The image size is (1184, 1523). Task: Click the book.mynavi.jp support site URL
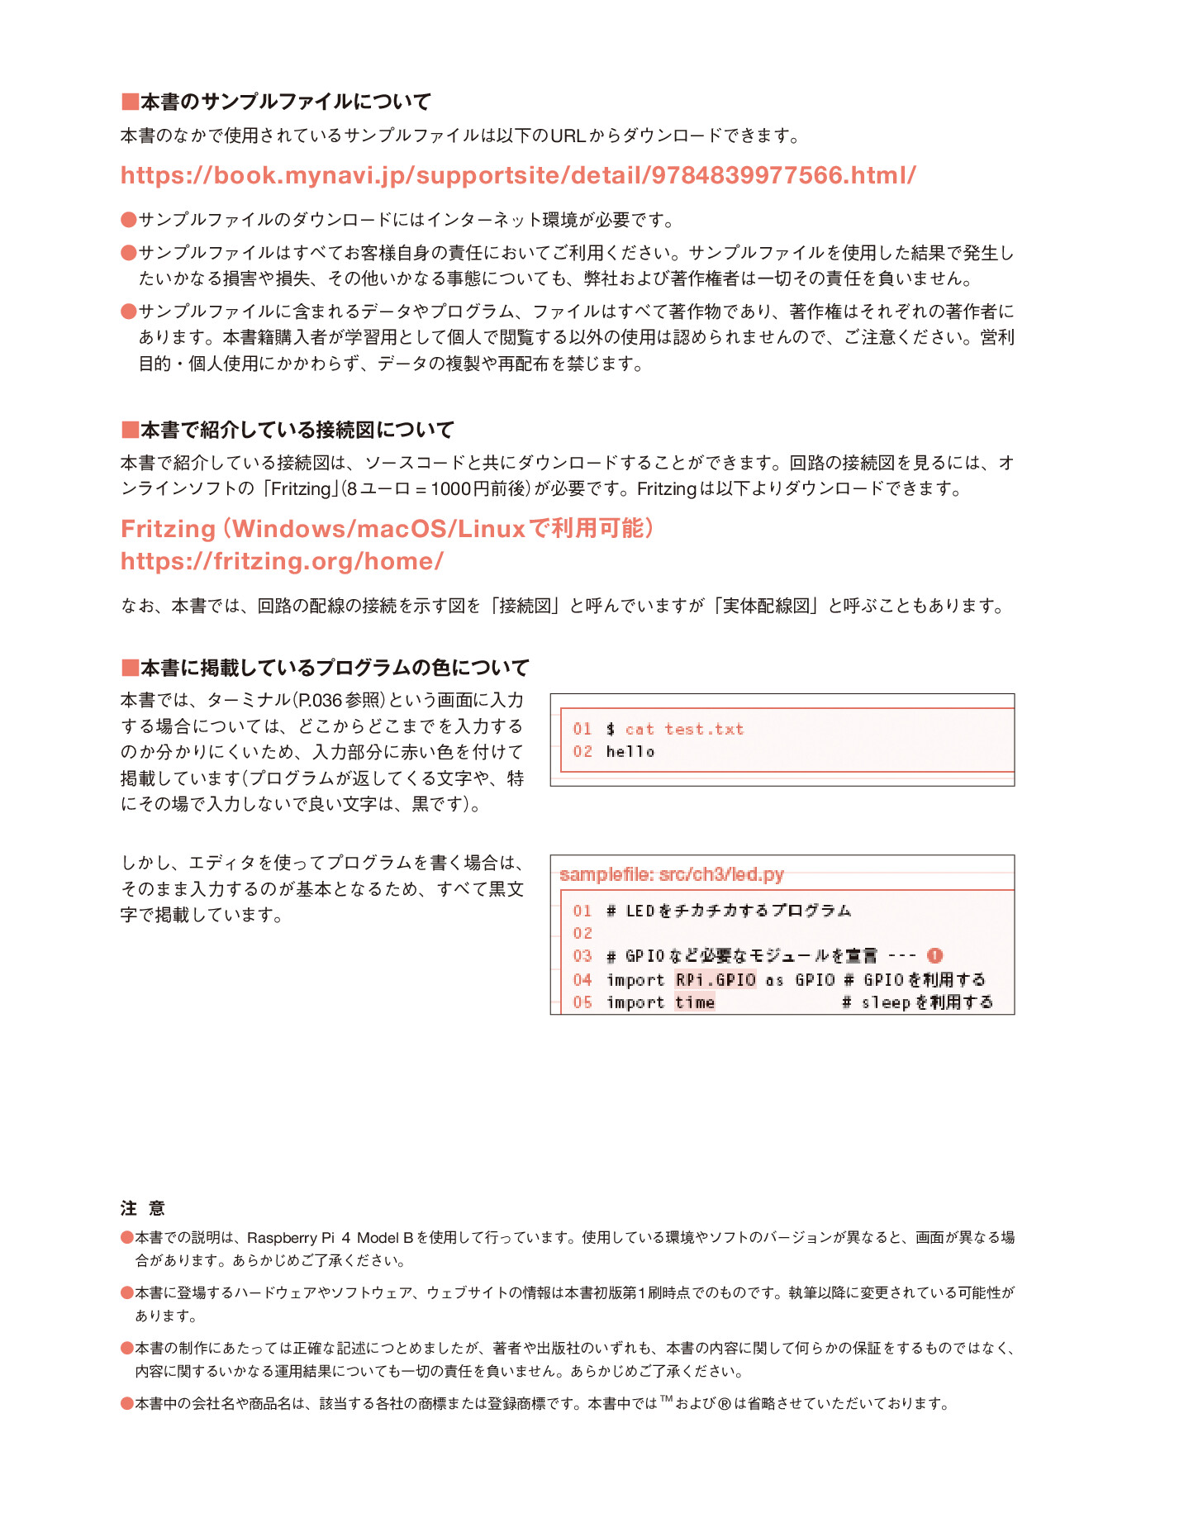pyautogui.click(x=518, y=175)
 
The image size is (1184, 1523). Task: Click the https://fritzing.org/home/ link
pyautogui.click(x=282, y=561)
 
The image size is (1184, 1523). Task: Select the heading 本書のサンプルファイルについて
pyautogui.click(x=285, y=102)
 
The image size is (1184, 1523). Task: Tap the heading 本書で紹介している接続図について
pyautogui.click(x=297, y=430)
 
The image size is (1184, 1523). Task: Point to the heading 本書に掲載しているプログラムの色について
pyautogui.click(x=334, y=668)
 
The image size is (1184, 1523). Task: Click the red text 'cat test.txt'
pyautogui.click(x=684, y=729)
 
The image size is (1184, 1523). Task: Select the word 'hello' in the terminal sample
pyautogui.click(x=630, y=751)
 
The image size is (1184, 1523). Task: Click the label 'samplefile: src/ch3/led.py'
pyautogui.click(x=671, y=874)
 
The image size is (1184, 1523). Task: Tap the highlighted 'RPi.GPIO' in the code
pyautogui.click(x=716, y=979)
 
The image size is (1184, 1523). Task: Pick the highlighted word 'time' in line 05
pyautogui.click(x=694, y=1002)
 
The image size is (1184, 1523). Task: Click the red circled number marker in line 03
pyautogui.click(x=934, y=955)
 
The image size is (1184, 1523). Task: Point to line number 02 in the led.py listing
pyautogui.click(x=582, y=933)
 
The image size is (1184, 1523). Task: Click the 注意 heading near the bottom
pyautogui.click(x=142, y=1208)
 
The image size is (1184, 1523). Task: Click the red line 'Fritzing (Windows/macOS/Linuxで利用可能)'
pyautogui.click(x=388, y=529)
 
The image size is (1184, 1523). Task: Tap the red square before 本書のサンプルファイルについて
pyautogui.click(x=130, y=102)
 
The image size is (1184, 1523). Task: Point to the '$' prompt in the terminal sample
pyautogui.click(x=610, y=729)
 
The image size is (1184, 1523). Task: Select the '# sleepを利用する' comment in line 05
pyautogui.click(x=916, y=1002)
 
